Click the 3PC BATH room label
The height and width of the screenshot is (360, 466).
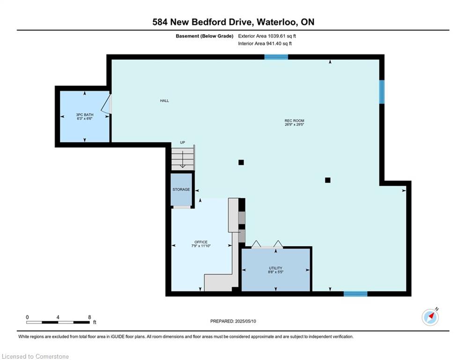tap(85, 114)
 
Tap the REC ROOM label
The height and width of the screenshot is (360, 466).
tap(294, 120)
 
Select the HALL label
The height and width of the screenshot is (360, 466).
tap(164, 101)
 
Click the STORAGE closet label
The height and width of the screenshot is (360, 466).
tap(181, 189)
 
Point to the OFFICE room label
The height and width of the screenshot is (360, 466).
tap(201, 242)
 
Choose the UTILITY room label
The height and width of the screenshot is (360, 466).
tap(275, 268)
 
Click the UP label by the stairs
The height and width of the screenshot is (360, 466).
tap(183, 142)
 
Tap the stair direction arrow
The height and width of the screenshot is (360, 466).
tap(183, 159)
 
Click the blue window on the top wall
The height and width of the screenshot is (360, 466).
tap(276, 57)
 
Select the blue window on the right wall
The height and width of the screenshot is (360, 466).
tap(382, 92)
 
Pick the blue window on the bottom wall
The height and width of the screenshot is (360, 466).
tap(355, 294)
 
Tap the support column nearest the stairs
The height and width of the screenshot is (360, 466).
tap(241, 163)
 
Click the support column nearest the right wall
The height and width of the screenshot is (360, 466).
tap(327, 180)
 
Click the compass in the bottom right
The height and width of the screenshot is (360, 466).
tap(430, 317)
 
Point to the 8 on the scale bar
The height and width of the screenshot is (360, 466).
tap(89, 317)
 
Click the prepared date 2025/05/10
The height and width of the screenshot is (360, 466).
tap(245, 321)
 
